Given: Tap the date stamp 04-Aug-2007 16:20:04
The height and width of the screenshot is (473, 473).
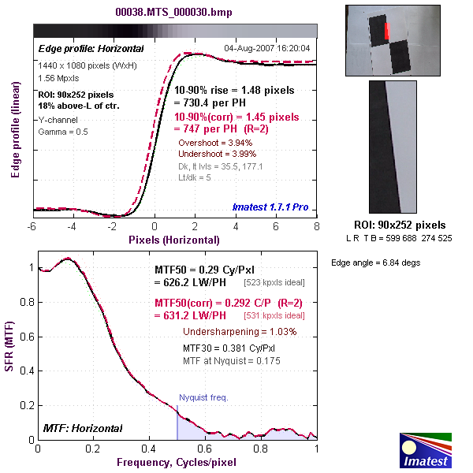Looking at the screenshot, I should [267, 48].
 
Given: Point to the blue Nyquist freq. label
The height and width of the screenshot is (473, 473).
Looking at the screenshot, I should [203, 397].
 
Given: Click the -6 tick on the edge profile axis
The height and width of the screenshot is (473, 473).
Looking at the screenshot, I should [32, 226].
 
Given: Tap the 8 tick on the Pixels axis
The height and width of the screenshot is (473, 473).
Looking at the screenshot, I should [316, 226].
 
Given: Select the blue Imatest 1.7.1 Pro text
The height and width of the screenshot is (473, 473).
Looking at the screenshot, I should [270, 207].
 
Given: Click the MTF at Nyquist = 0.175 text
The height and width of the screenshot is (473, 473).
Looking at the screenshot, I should [232, 360].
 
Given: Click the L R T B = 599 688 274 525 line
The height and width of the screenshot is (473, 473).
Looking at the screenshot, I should [398, 238].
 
